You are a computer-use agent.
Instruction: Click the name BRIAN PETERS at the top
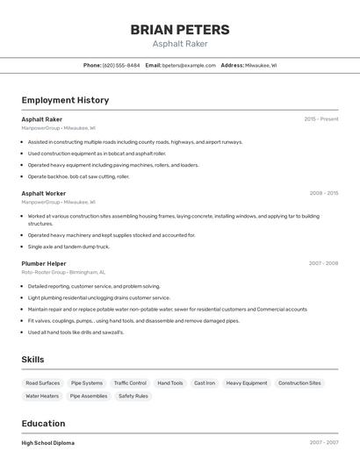pos(180,30)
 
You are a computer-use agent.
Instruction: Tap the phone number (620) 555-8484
pos(121,65)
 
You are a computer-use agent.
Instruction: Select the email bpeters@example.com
pos(189,65)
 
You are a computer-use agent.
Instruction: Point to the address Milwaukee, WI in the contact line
pos(261,65)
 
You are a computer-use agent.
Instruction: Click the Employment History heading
pos(65,101)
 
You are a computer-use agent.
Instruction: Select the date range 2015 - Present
pos(321,119)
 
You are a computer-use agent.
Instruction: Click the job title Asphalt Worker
pos(44,193)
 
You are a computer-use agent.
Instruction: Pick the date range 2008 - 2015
pos(323,193)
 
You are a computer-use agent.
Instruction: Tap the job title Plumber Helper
pos(44,263)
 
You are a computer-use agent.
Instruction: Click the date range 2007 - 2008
pos(323,263)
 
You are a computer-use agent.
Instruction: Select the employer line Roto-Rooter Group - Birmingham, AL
pos(63,272)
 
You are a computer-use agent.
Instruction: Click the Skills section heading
pos(33,360)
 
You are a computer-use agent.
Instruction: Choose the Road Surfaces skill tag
pos(43,383)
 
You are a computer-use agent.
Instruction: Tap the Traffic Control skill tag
pos(130,383)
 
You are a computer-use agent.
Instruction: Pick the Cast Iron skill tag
pos(205,383)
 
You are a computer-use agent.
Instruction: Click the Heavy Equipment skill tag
pos(247,383)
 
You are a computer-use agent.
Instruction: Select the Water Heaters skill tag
pos(42,396)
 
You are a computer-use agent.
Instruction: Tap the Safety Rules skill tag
pos(133,396)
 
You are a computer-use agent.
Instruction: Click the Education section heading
pos(43,423)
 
